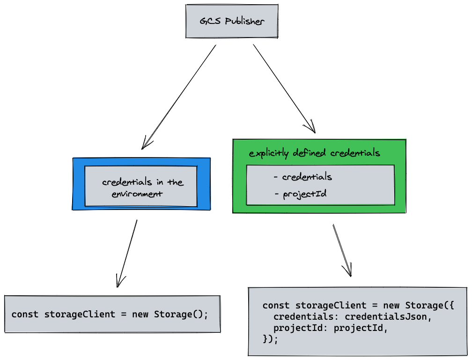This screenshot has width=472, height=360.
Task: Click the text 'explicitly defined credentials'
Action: coord(314,153)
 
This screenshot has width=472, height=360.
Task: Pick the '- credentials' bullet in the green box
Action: coord(302,177)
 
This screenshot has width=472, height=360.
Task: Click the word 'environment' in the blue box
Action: coord(137,194)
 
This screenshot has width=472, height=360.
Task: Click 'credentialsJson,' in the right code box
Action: coord(387,317)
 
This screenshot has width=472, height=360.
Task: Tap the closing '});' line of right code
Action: coord(271,339)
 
